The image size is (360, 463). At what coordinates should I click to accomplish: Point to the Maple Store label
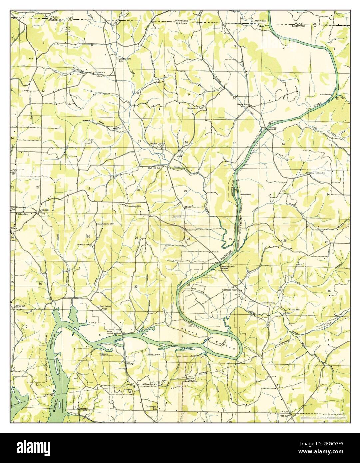tap(243, 104)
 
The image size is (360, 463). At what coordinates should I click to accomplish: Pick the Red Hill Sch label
tap(155, 168)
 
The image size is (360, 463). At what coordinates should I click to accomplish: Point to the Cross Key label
tap(284, 416)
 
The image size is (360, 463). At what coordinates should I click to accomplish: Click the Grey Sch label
tap(20, 306)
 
